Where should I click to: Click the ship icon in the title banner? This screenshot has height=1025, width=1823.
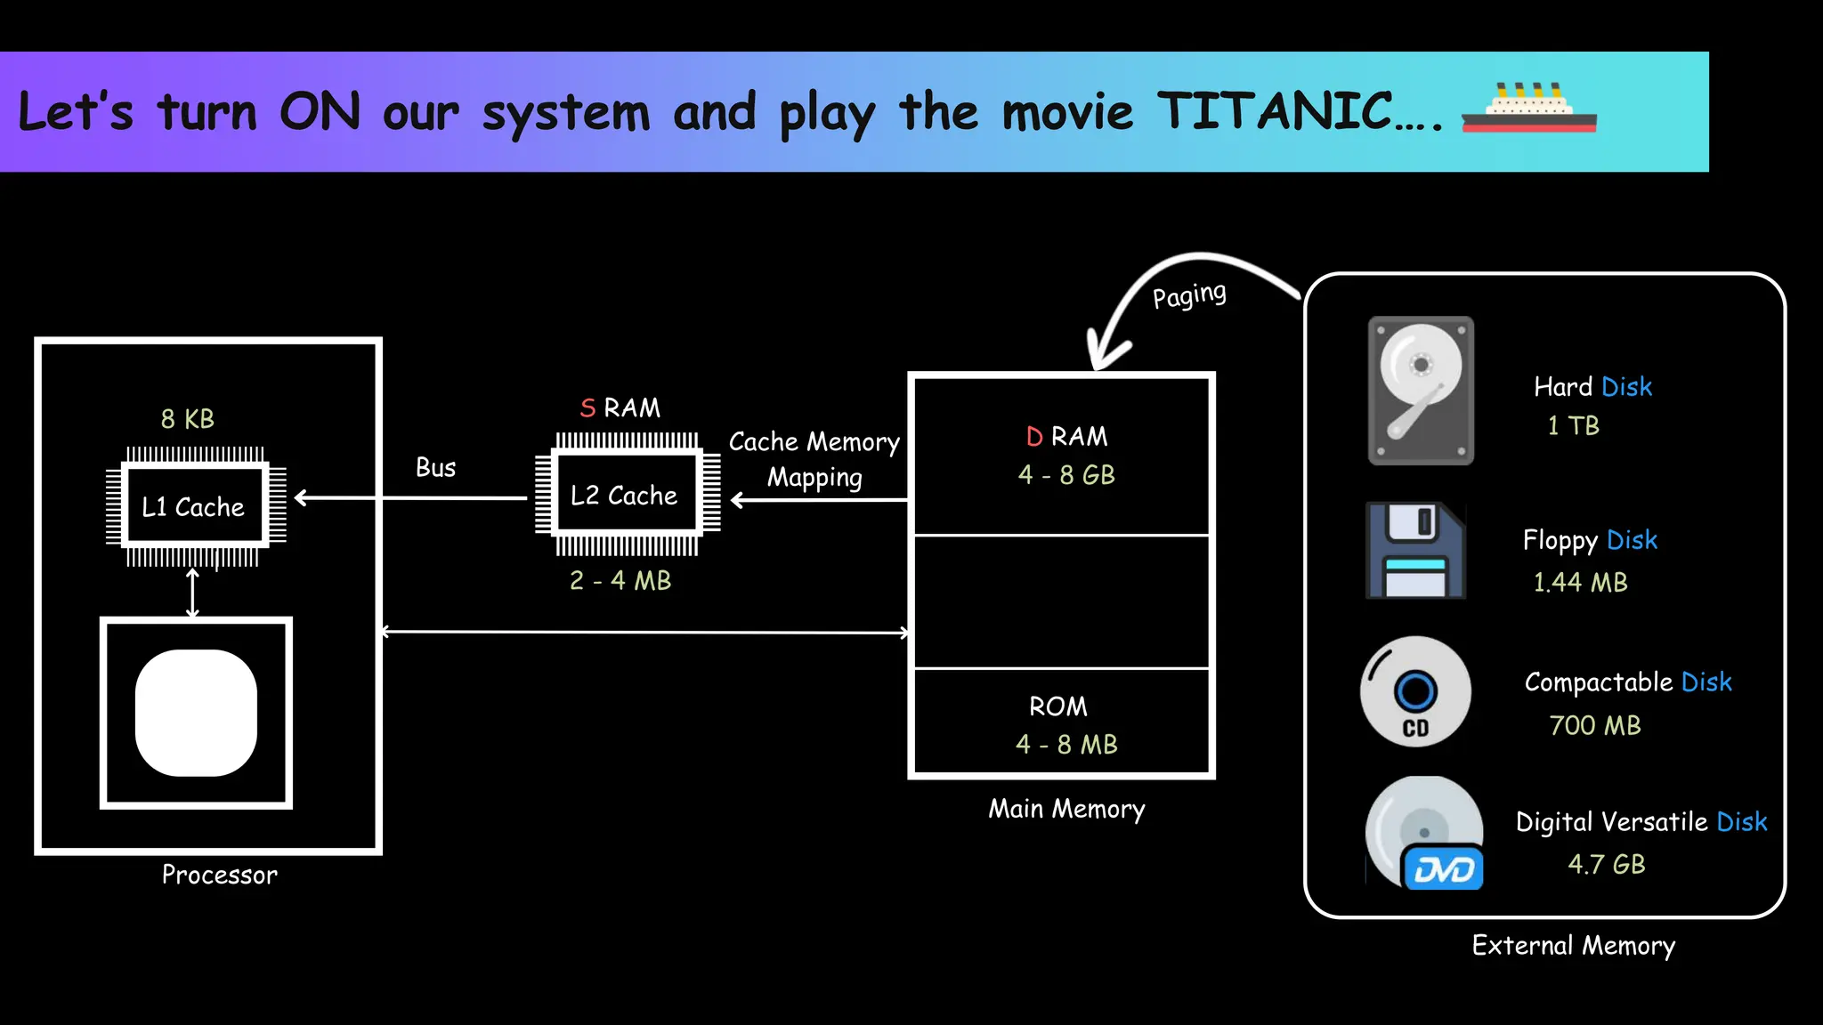(x=1528, y=109)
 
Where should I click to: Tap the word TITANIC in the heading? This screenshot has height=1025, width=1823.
(x=1275, y=111)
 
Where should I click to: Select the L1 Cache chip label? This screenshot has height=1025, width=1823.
(x=193, y=507)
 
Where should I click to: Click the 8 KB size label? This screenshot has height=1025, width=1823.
(x=188, y=419)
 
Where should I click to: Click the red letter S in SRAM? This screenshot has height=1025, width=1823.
(x=587, y=408)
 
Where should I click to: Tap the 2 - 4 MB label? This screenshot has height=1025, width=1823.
(x=620, y=581)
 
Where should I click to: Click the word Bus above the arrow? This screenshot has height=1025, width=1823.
(x=435, y=468)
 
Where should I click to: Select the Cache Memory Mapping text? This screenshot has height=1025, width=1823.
(x=814, y=460)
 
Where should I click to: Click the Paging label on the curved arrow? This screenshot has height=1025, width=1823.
(x=1189, y=295)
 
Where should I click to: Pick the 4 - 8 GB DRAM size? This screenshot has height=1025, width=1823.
(x=1066, y=475)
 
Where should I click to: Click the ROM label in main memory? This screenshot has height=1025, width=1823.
(x=1058, y=706)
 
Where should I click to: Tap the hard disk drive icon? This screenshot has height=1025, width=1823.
(x=1421, y=390)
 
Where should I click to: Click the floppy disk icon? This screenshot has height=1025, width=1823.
(x=1415, y=550)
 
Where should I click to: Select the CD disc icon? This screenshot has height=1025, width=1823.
(x=1415, y=691)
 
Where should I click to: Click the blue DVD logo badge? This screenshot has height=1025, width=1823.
(x=1444, y=869)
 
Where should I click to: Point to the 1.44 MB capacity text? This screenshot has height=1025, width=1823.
(x=1580, y=583)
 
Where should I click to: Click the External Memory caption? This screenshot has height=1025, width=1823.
(x=1573, y=945)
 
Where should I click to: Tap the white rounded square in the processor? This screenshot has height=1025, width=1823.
(x=196, y=713)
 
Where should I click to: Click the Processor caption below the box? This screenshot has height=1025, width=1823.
(x=219, y=876)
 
